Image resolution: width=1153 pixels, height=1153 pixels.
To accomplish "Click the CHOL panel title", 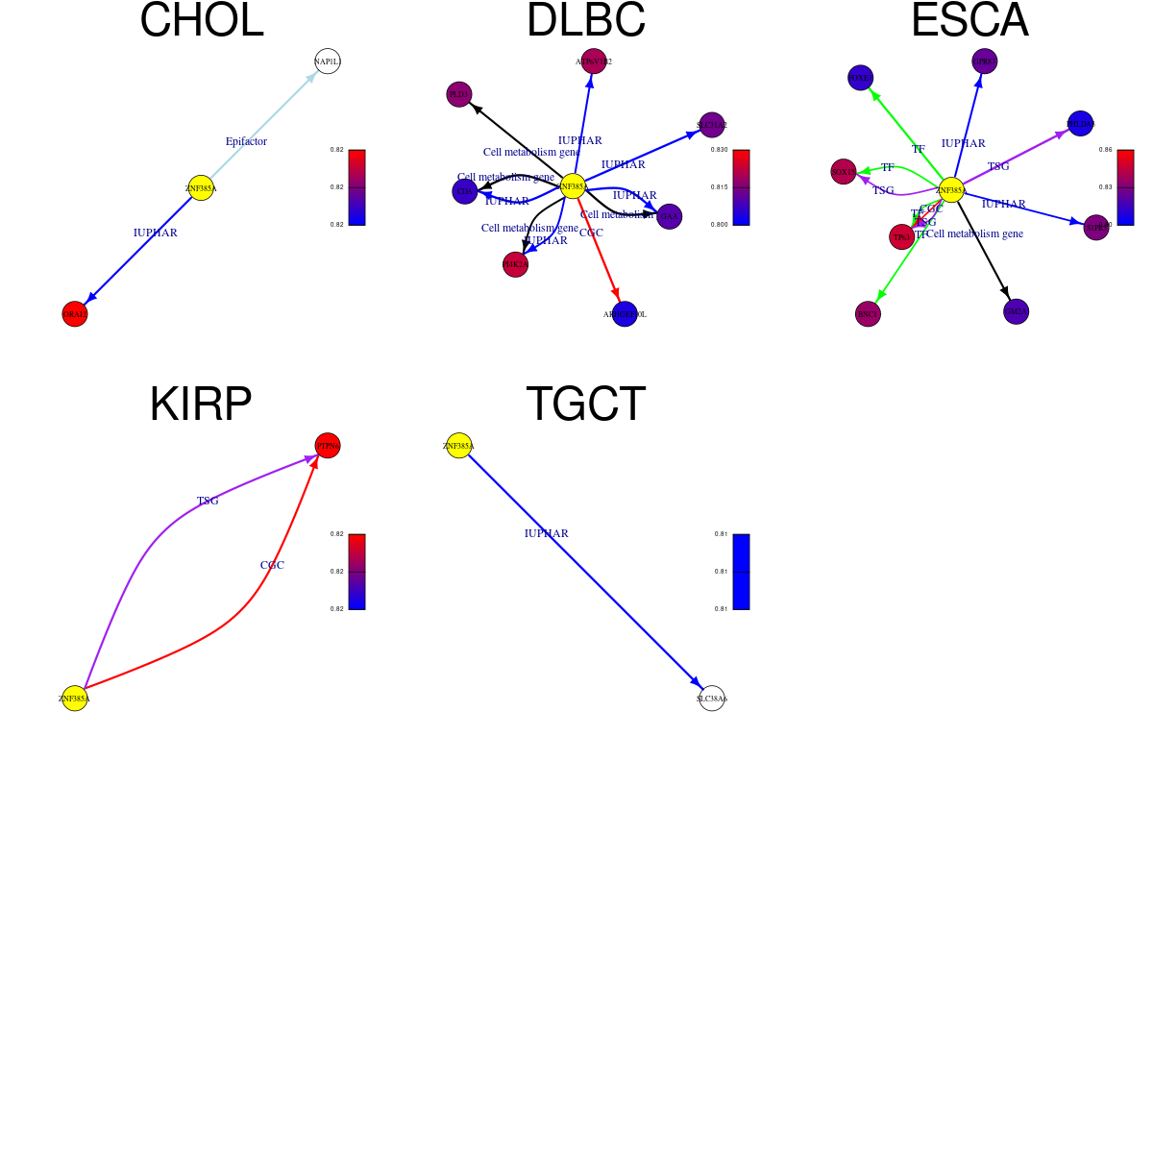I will coord(202,21).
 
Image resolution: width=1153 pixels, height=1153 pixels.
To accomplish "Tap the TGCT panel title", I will coord(585,404).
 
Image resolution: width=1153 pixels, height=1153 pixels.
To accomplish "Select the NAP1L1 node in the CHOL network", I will coord(328,61).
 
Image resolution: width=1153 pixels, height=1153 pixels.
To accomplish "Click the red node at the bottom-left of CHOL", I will coord(75,314).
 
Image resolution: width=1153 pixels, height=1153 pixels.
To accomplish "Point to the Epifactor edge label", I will coord(246,141).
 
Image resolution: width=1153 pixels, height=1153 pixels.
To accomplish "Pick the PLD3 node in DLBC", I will coord(459,94).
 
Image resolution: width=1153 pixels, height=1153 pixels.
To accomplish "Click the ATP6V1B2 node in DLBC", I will coord(594,61).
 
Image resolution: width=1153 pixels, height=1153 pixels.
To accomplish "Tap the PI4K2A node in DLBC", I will coord(515,264).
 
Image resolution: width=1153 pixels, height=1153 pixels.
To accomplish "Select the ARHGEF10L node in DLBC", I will coord(625,314).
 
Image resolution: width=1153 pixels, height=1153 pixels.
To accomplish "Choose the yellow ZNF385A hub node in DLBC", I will coord(573,186).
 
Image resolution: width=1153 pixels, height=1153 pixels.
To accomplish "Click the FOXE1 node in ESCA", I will coord(861,78).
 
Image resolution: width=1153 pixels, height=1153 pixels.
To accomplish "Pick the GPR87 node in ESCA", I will coord(985,61).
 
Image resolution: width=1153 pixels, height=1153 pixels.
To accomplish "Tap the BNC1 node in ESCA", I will coord(868,314).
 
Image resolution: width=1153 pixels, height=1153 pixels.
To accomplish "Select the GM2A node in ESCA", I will coord(1017,311).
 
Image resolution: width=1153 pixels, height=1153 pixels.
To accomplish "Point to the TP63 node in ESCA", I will coord(901,237).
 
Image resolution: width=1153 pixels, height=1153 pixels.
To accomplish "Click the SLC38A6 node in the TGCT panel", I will coord(712,699).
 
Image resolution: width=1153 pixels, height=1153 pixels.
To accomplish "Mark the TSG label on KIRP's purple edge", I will coord(208,501).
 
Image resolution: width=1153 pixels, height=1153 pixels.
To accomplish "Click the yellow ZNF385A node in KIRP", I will coord(75,699).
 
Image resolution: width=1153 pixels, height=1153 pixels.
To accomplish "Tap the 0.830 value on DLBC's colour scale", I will coord(719,150).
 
